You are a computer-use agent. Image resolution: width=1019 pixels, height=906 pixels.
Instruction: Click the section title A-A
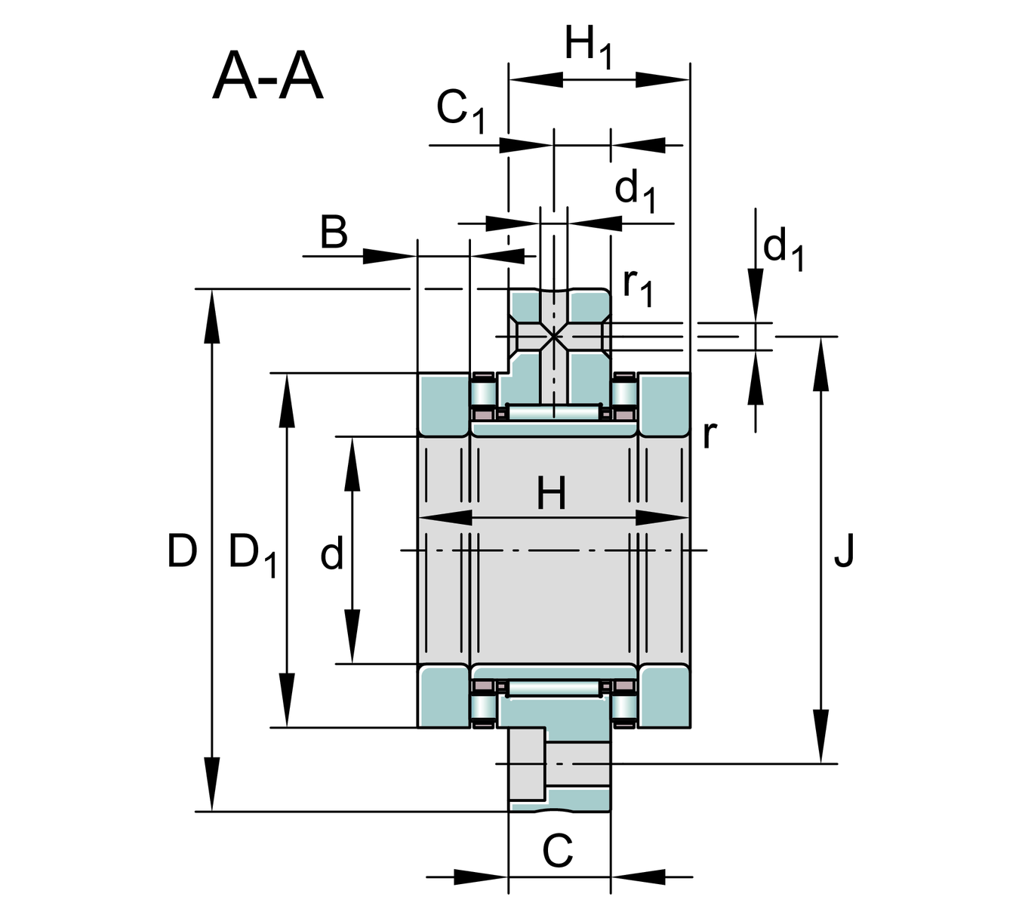click(268, 77)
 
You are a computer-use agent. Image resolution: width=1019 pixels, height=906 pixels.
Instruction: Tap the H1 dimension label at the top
click(588, 47)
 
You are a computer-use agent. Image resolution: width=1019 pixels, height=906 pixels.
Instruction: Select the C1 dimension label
click(460, 110)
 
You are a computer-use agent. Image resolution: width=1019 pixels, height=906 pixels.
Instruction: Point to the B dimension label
click(334, 233)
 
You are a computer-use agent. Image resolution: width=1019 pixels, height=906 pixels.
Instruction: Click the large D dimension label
click(182, 551)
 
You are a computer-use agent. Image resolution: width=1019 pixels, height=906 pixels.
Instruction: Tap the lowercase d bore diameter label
click(332, 555)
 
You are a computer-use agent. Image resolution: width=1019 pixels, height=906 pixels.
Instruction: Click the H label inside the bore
click(552, 495)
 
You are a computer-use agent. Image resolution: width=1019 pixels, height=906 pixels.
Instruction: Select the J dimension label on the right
click(844, 550)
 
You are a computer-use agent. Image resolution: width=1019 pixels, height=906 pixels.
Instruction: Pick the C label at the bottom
click(558, 852)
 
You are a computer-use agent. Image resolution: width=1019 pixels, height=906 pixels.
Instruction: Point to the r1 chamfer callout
click(637, 288)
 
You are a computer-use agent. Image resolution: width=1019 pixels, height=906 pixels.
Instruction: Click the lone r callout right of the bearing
click(708, 435)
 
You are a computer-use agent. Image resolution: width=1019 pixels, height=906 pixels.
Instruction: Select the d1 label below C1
click(635, 191)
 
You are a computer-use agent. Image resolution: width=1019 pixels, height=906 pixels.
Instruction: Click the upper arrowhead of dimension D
click(213, 306)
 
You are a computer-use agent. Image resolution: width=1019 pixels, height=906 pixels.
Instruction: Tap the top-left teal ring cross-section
click(444, 404)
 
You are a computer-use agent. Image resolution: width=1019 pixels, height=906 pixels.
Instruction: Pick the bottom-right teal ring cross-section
click(664, 696)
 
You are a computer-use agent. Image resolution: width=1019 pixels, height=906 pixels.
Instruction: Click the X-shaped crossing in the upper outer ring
click(554, 336)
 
